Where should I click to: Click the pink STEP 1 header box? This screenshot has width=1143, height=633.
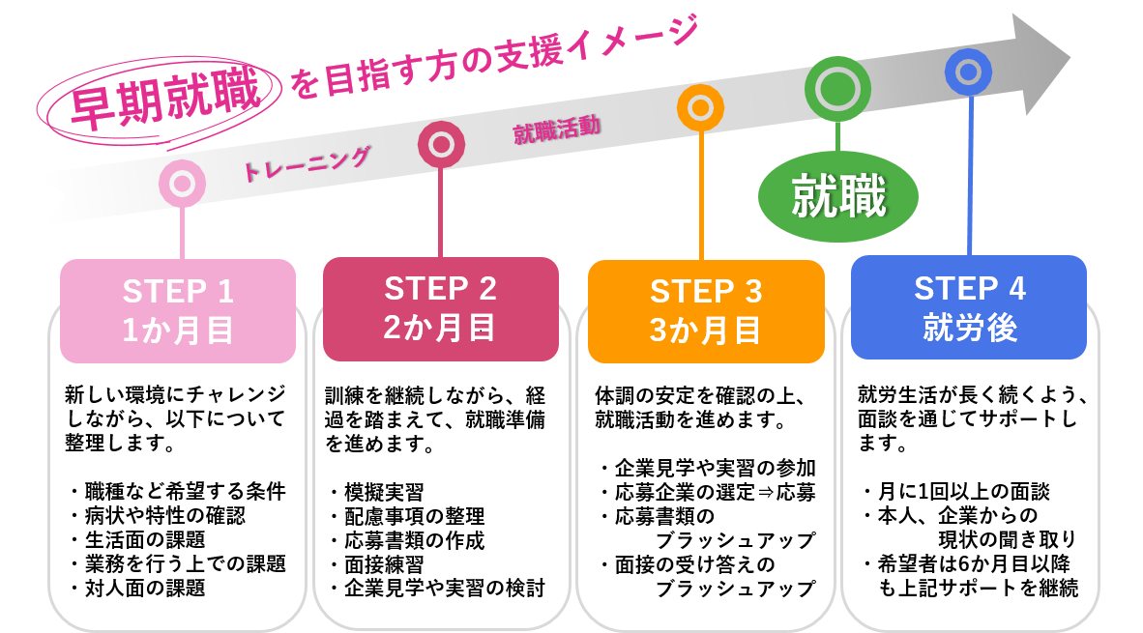click(x=178, y=310)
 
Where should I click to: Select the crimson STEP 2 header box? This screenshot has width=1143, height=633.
click(x=440, y=309)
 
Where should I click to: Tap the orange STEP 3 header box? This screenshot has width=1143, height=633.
click(x=706, y=311)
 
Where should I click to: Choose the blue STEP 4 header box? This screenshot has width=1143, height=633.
click(x=969, y=306)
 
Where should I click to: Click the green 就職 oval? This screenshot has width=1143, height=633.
click(x=838, y=196)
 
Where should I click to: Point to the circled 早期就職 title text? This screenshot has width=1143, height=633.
click(x=164, y=99)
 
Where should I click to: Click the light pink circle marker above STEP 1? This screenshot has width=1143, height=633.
click(x=182, y=183)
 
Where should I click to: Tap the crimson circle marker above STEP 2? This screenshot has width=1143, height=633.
click(x=441, y=144)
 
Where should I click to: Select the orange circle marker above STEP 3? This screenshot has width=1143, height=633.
click(x=700, y=108)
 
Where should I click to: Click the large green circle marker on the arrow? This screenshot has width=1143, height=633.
click(x=837, y=89)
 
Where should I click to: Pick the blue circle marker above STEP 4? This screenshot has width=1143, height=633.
click(x=968, y=72)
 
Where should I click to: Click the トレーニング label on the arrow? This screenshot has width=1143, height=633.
click(x=307, y=165)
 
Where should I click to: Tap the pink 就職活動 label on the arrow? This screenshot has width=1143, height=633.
click(x=557, y=130)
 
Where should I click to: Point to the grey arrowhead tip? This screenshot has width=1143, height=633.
click(x=1070, y=57)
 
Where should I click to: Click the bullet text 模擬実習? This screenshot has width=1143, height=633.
click(x=384, y=492)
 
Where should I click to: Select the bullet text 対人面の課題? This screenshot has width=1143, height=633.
click(x=145, y=588)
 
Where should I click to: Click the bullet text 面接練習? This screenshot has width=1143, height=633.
click(x=384, y=564)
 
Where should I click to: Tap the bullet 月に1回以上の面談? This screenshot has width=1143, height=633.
click(x=964, y=492)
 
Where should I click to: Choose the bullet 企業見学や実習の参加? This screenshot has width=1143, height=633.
click(x=716, y=468)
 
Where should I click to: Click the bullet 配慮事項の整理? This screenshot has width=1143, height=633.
click(x=414, y=516)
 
